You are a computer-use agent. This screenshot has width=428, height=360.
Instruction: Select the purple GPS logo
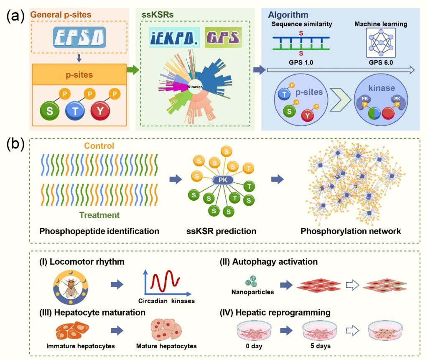pyautogui.click(x=223, y=36)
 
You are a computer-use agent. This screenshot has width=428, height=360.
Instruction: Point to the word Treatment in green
pyautogui.click(x=99, y=215)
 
